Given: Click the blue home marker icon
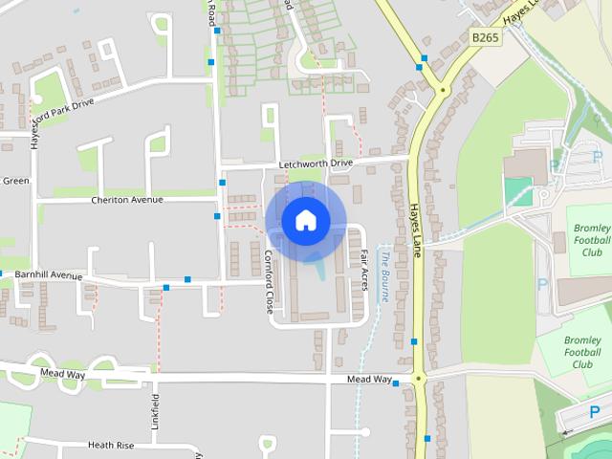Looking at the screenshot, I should point(306,221).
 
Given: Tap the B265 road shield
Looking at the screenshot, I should point(485,37).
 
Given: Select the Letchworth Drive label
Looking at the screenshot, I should point(316,164).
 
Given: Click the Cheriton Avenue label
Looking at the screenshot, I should point(127,200).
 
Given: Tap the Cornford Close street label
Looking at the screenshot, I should point(269,283).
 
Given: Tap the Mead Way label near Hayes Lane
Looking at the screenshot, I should point(369,380).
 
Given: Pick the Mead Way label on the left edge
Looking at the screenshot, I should point(64,374).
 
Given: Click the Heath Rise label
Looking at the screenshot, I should point(111,445).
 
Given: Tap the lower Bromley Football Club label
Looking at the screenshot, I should point(582,352).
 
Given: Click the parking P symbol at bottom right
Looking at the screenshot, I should point(594,413).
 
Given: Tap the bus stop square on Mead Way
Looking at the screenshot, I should point(395,383).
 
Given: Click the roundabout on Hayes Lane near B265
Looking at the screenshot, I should point(442,91).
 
